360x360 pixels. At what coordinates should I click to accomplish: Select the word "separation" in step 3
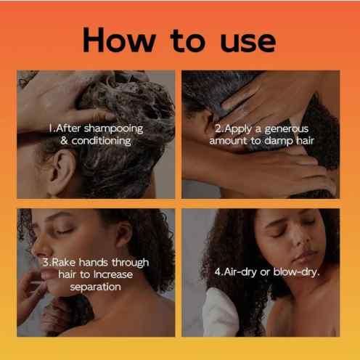pyautogui.click(x=96, y=287)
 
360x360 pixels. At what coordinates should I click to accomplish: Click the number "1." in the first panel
pyautogui.click(x=52, y=128)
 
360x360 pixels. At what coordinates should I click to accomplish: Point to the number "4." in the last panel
pyautogui.click(x=218, y=273)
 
